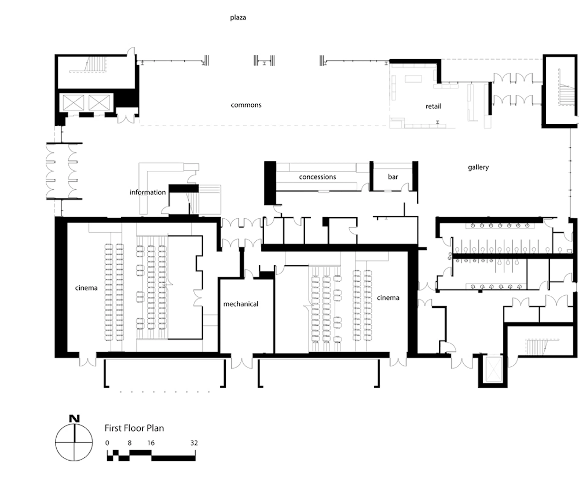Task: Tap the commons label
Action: (246, 105)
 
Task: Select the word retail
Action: (433, 106)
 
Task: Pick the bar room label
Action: (393, 177)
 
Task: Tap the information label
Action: (147, 192)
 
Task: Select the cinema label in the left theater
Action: (86, 288)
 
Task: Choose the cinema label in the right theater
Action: (388, 298)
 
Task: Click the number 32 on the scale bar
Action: (194, 443)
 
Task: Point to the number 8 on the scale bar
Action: (130, 443)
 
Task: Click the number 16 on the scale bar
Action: (151, 443)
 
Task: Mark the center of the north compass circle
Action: (74, 442)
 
